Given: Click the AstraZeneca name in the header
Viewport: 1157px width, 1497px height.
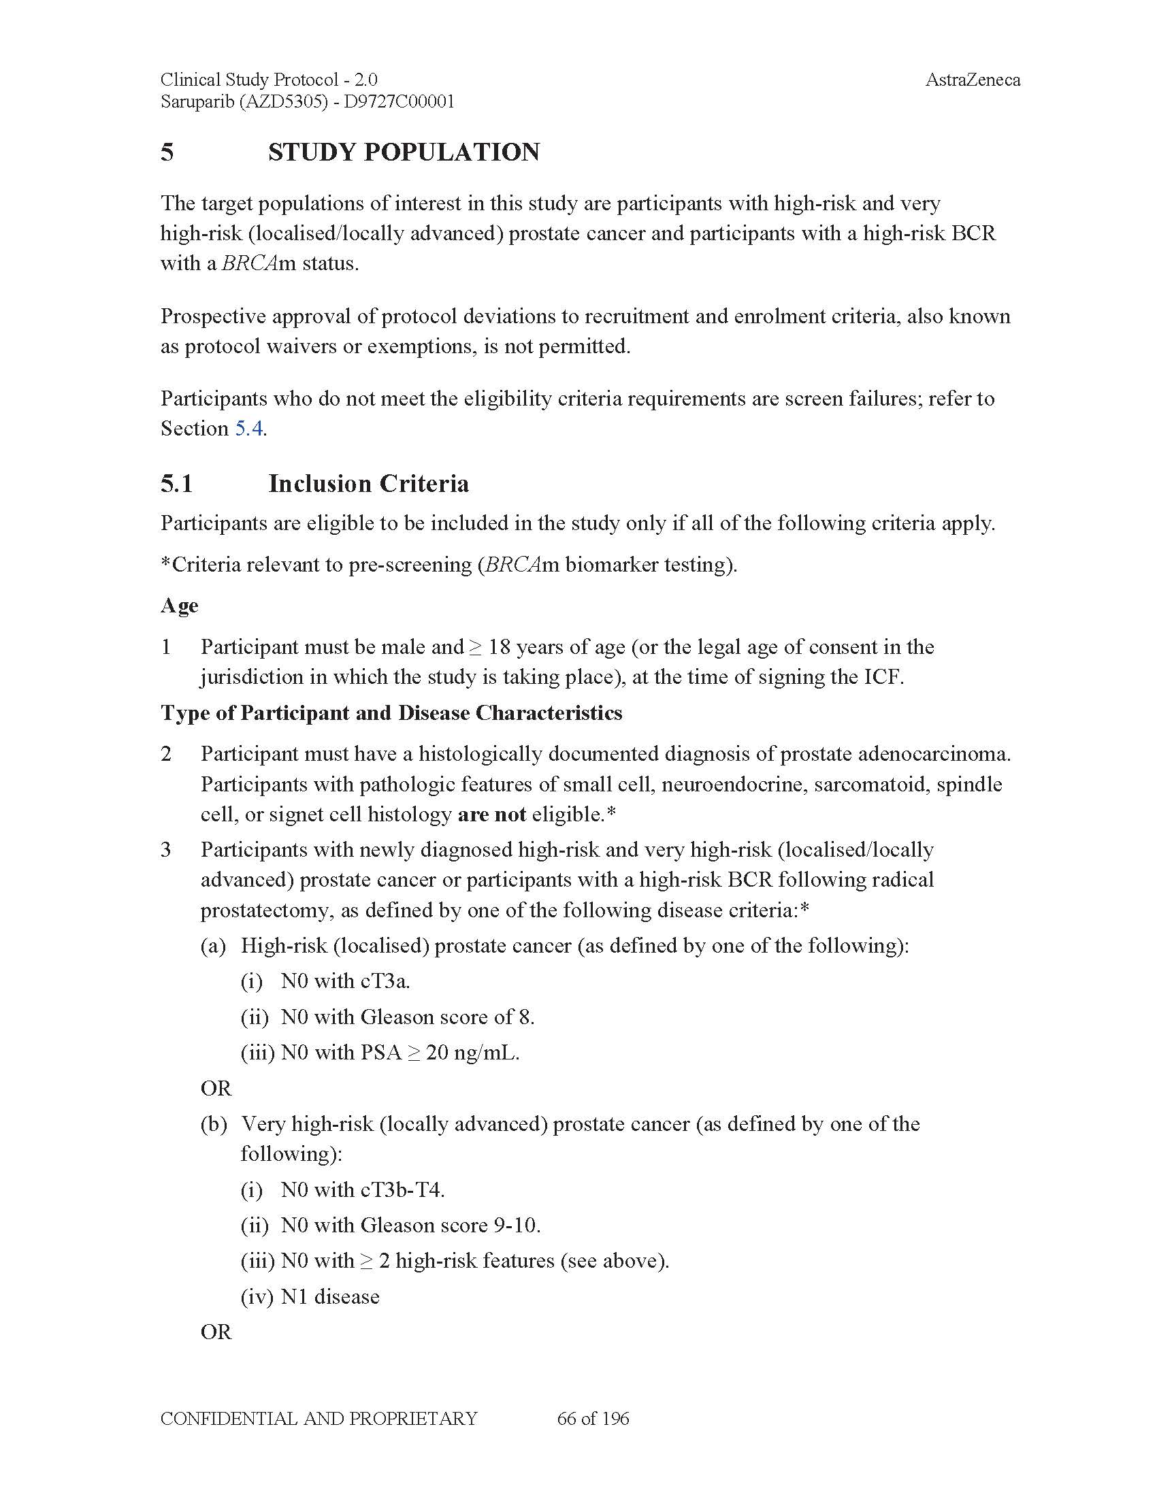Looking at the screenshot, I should [x=972, y=80].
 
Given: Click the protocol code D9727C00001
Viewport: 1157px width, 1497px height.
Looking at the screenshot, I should [x=399, y=102].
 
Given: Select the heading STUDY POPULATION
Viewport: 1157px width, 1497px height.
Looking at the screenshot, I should [x=403, y=152].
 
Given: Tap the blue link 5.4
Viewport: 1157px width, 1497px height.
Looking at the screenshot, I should [x=249, y=429].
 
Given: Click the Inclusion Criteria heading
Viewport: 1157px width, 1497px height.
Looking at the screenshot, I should [x=368, y=484].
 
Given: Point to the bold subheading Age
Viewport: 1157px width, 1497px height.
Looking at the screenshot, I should [x=179, y=605].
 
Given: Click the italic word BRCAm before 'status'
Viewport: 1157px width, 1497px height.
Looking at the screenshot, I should [x=258, y=264].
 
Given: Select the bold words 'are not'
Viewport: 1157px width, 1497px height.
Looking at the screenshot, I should [x=491, y=815].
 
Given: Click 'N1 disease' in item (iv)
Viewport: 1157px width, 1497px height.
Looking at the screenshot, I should [x=329, y=1297].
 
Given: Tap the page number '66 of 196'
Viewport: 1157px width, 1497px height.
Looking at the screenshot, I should [x=593, y=1419].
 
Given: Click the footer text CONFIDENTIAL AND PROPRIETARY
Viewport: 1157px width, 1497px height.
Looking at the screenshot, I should [x=319, y=1419].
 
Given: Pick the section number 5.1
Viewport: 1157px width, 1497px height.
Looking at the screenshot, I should [x=176, y=484].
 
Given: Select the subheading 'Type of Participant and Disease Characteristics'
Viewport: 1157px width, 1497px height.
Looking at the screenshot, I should [x=391, y=713].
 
